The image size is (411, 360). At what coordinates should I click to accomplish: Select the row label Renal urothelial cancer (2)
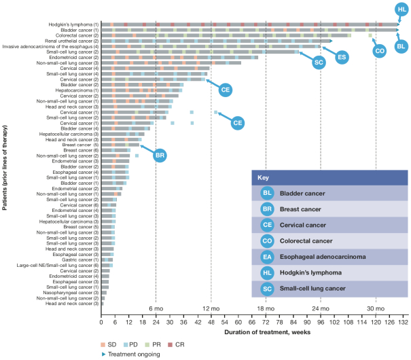tap(68, 41)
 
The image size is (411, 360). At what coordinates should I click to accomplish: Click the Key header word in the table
tap(264, 177)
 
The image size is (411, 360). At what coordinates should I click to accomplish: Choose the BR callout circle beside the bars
tap(160, 156)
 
